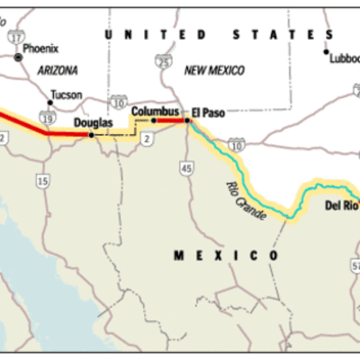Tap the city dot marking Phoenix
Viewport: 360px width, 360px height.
coord(17,57)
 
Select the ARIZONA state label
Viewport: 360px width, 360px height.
coord(58,69)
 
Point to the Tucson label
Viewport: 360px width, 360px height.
coord(66,94)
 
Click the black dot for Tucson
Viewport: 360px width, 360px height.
coord(49,102)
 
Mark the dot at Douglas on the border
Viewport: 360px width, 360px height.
coord(91,135)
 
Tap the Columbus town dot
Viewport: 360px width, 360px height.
coord(153,120)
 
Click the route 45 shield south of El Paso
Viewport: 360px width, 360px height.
coord(186,167)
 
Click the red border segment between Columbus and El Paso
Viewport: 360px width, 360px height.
coord(171,120)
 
